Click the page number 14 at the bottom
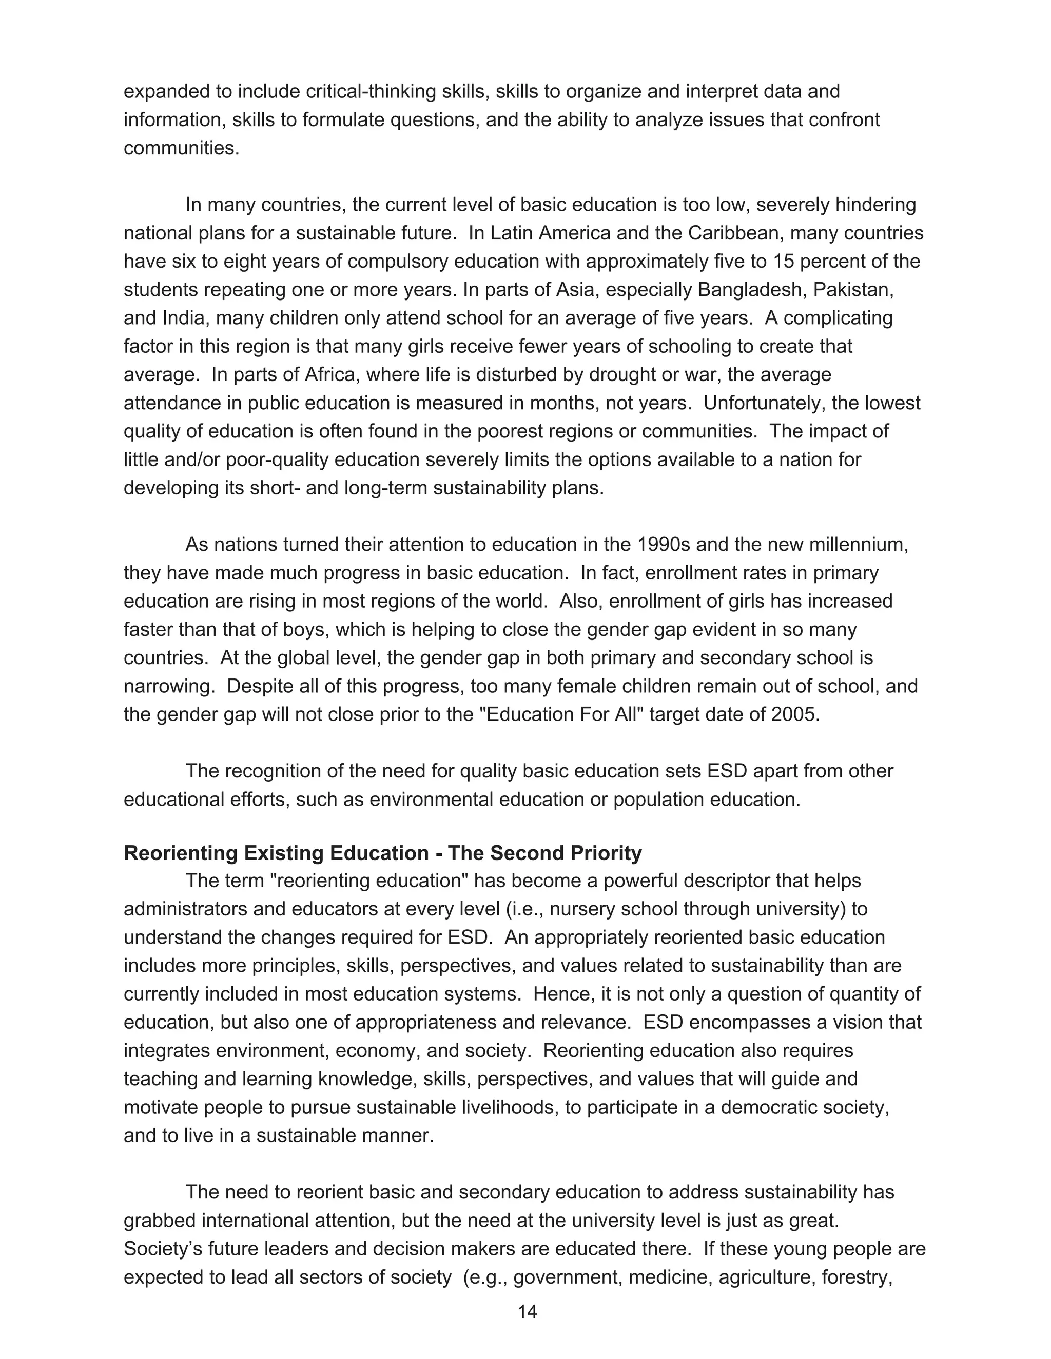tap(527, 1312)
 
